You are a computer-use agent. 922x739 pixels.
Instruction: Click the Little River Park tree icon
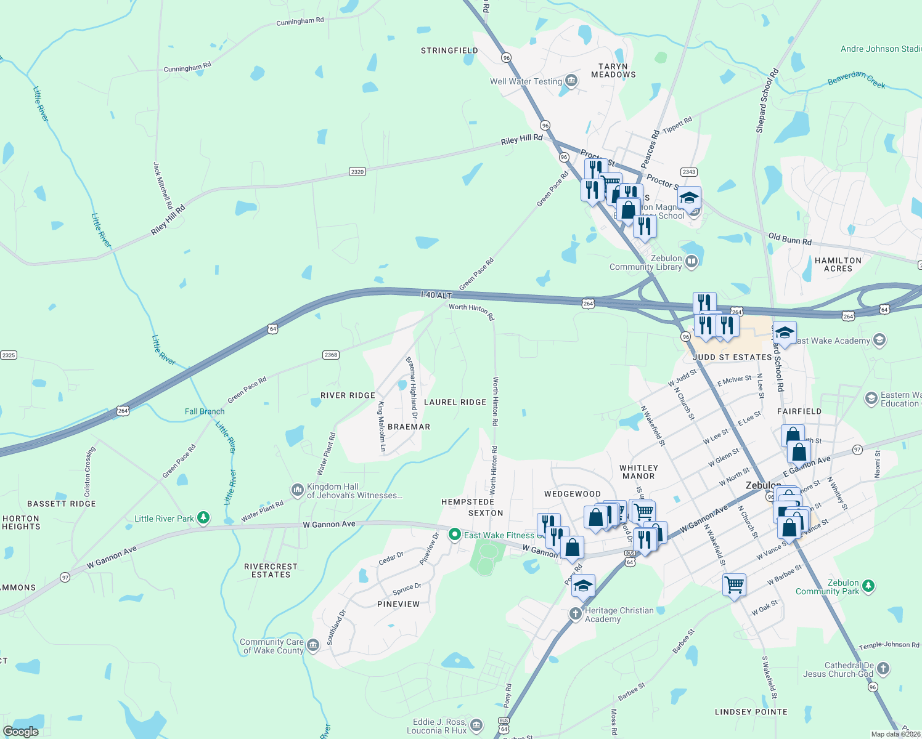tap(203, 518)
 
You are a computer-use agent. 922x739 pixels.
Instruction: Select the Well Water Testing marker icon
tap(571, 81)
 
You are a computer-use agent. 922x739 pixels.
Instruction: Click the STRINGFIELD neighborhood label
tap(449, 50)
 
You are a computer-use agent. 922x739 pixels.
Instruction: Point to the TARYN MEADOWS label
tap(613, 70)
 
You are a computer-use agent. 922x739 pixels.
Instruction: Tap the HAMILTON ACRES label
tap(838, 264)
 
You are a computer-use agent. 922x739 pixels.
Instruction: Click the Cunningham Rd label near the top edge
tap(300, 22)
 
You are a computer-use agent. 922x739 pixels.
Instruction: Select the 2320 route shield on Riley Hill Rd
tap(357, 171)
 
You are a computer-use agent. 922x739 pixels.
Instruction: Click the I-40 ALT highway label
tap(436, 295)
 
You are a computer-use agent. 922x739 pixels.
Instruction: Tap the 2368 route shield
tap(331, 355)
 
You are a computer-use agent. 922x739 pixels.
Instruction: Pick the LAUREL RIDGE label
tap(455, 402)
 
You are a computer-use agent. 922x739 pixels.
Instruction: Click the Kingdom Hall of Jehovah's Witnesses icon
tap(297, 490)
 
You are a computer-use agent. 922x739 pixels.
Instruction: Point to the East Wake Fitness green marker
tap(455, 535)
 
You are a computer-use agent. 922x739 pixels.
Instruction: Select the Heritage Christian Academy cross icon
tap(575, 613)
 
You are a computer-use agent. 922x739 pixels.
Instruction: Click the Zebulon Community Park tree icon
tap(868, 585)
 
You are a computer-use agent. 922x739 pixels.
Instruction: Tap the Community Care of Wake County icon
tap(313, 645)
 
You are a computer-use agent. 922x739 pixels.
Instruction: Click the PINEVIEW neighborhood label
tap(398, 604)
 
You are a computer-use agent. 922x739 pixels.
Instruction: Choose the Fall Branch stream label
tap(205, 411)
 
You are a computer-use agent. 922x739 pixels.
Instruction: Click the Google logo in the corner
tap(21, 732)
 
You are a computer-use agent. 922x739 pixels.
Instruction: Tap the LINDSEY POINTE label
tap(751, 712)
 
